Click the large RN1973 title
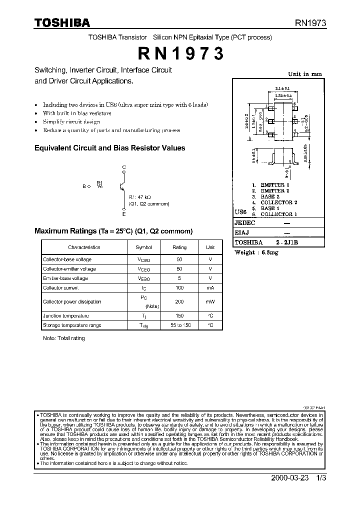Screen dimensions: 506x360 (x=179, y=53)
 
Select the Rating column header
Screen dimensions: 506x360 (x=179, y=247)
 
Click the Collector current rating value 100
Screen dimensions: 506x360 (x=179, y=288)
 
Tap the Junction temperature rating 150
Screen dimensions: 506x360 (x=179, y=315)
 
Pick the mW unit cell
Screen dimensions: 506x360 (x=210, y=301)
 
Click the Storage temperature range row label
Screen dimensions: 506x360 (x=72, y=325)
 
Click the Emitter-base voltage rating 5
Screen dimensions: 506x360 (x=179, y=278)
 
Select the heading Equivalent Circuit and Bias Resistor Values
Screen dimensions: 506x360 (x=109, y=148)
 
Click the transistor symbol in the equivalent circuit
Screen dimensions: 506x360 (x=122, y=186)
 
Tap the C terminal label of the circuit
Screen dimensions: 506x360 (x=124, y=167)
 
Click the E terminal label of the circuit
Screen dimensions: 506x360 (x=124, y=213)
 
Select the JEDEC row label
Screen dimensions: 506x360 (x=245, y=223)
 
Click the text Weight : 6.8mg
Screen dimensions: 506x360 (x=256, y=252)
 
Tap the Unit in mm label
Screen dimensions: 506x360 (x=305, y=74)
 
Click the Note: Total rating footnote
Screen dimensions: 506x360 (x=64, y=338)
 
